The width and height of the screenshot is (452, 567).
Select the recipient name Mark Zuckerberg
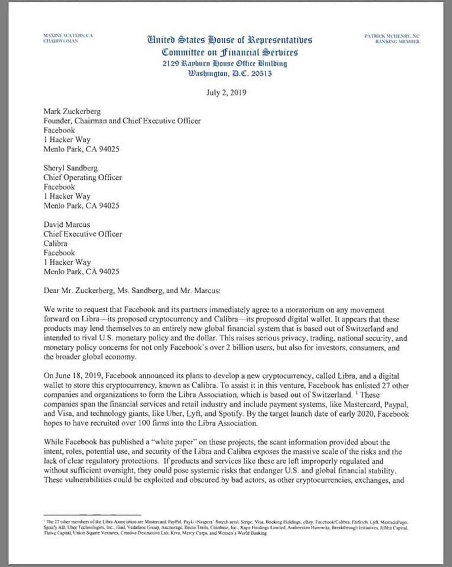(x=72, y=112)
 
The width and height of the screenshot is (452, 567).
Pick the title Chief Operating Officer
(x=83, y=177)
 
